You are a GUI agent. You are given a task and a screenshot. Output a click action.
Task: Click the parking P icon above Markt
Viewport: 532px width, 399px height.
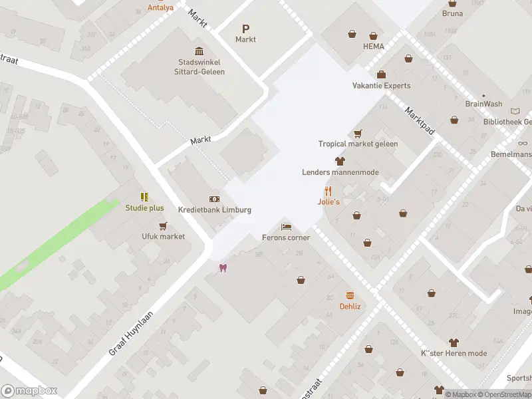pos(245,29)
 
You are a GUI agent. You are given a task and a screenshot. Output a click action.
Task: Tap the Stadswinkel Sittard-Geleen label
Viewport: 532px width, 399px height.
pos(197,67)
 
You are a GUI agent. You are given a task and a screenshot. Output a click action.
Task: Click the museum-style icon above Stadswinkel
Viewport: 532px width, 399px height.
pos(199,52)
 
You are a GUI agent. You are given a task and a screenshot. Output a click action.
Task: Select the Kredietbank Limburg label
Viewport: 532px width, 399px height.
pos(215,210)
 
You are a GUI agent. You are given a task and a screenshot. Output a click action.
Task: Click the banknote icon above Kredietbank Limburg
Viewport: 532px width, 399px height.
pos(214,199)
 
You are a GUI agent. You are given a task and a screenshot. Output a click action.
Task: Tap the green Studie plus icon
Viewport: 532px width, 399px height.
pos(144,197)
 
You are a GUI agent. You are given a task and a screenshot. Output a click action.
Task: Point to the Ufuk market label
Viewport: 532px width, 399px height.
pos(163,236)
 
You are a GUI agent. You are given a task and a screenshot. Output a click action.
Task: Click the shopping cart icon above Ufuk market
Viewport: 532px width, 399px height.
pos(163,225)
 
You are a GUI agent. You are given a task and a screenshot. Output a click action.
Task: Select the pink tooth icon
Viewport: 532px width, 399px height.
pos(223,268)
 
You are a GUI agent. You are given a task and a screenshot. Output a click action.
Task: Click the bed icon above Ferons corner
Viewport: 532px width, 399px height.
pos(286,227)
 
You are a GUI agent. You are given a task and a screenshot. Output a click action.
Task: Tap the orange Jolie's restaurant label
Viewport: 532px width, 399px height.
pos(328,201)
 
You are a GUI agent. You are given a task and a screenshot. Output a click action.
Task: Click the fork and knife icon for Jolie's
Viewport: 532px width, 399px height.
pos(328,191)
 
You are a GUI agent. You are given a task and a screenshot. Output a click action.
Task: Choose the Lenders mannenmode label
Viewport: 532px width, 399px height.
pos(340,172)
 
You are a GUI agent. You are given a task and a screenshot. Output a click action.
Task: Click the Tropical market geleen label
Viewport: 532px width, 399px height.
pos(358,144)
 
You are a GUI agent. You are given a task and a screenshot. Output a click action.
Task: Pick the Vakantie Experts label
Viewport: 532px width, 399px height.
pos(381,86)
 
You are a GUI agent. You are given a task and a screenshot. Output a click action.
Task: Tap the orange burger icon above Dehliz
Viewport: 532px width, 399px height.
pos(350,295)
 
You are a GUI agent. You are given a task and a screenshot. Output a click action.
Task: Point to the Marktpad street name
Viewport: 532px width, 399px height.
pos(420,122)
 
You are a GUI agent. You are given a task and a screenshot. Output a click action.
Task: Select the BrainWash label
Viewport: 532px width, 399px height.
pos(483,104)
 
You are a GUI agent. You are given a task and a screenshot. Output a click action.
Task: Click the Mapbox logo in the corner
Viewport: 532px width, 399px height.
pos(29,391)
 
